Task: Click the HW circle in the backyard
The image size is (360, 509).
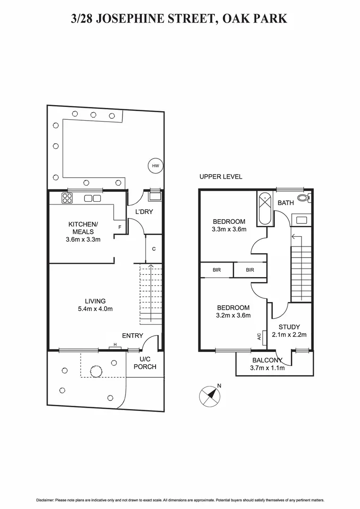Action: click(x=155, y=165)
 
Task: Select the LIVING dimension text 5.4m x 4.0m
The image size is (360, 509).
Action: click(x=95, y=309)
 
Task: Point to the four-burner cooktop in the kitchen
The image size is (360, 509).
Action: click(x=67, y=198)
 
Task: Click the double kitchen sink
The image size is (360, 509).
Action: click(x=92, y=198)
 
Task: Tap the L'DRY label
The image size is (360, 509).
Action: click(x=144, y=212)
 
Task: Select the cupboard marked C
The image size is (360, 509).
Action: click(x=154, y=249)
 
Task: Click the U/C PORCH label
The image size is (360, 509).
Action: click(x=145, y=363)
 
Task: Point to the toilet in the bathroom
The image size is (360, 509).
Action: click(x=303, y=198)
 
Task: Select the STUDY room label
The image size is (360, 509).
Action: click(x=289, y=327)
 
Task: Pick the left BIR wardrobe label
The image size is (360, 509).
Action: click(x=216, y=270)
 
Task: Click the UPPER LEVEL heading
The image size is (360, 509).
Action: click(x=221, y=177)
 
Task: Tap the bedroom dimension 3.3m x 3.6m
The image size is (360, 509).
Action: click(x=229, y=230)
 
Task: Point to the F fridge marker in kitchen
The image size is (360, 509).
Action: click(x=120, y=227)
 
